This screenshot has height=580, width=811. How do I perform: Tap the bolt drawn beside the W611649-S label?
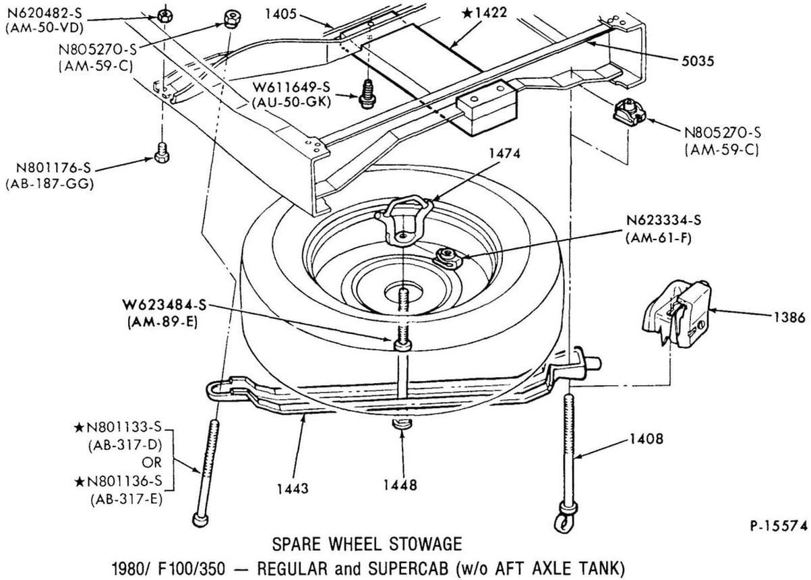(x=368, y=92)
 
